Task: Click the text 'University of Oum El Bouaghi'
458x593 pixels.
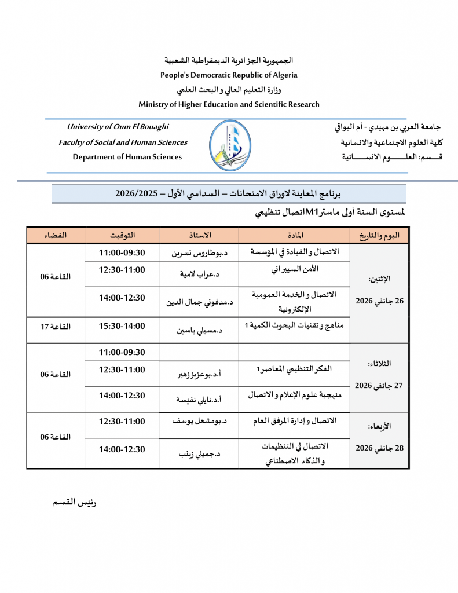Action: [118, 127]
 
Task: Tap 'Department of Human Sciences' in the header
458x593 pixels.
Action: [127, 157]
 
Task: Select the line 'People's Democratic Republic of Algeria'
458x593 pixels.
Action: [229, 75]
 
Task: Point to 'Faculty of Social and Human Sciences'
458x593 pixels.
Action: [123, 142]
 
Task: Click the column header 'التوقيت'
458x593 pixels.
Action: [122, 235]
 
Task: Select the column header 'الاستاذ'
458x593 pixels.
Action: [199, 235]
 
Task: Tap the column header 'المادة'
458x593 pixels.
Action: [295, 235]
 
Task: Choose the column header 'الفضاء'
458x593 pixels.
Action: [56, 235]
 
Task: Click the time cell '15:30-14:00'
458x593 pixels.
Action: [122, 326]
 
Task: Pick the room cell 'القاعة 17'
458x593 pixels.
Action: [56, 327]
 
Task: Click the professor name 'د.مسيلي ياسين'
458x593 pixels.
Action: [199, 331]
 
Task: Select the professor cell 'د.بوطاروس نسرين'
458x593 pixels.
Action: [199, 253]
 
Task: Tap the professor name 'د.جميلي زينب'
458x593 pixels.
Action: [199, 455]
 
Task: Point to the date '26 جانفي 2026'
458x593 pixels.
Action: [379, 302]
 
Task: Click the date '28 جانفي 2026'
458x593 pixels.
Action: [379, 448]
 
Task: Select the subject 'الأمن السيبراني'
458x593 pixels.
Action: [295, 270]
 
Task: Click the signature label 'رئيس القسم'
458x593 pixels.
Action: [75, 502]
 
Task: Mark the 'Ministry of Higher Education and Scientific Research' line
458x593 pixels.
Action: [229, 104]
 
